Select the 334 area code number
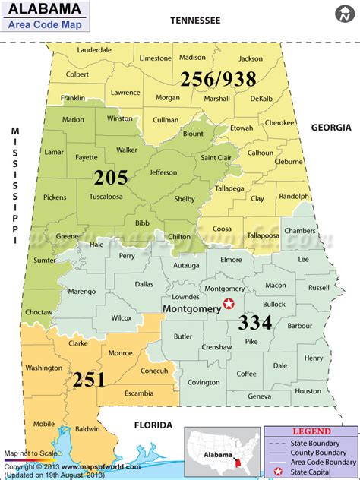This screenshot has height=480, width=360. (x=254, y=322)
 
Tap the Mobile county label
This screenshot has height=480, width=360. (x=44, y=424)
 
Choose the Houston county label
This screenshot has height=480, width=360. (x=308, y=391)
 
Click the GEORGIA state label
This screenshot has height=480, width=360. (x=330, y=128)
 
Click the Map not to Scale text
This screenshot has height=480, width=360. (x=29, y=453)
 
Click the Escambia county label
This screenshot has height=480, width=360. (x=139, y=393)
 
